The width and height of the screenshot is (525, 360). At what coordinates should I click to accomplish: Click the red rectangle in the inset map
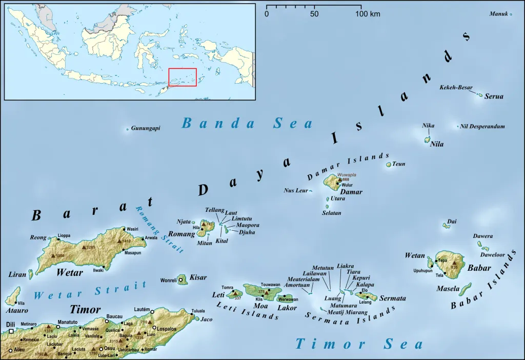click(183, 77)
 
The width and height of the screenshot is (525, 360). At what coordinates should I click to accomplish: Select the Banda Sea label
click(247, 123)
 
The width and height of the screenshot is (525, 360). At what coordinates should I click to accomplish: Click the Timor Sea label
click(359, 344)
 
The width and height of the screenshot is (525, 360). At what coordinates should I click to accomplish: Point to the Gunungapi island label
click(146, 128)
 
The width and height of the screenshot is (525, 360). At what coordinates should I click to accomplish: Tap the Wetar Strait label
click(90, 291)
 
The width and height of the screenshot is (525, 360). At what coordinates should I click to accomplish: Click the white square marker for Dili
click(11, 331)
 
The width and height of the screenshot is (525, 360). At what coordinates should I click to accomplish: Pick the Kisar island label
click(198, 277)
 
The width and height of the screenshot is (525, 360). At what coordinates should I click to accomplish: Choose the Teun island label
click(399, 164)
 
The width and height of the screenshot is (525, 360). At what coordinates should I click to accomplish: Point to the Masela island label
click(448, 289)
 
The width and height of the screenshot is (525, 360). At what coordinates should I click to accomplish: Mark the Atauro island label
click(14, 310)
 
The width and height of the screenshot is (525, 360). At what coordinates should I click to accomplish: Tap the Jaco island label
click(206, 319)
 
